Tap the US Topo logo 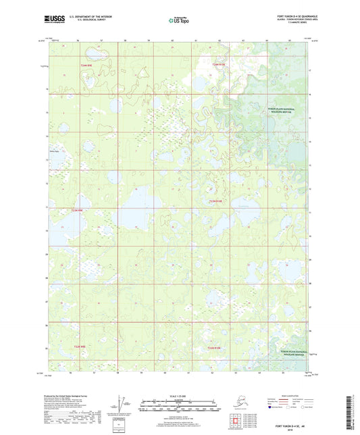[x=179, y=21]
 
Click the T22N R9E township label [x=80, y=347]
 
